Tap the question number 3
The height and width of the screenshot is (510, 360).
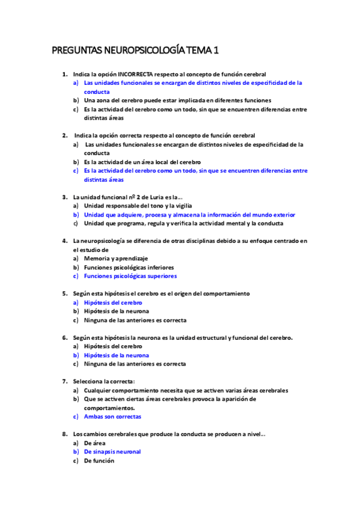click(x=64, y=197)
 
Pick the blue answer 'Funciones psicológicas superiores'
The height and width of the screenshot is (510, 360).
click(x=130, y=276)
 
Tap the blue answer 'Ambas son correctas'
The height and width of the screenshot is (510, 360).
click(x=112, y=417)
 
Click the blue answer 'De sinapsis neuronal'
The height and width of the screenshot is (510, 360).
click(x=112, y=452)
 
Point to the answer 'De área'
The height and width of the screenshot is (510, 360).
click(x=94, y=443)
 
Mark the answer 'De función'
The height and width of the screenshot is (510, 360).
click(x=99, y=461)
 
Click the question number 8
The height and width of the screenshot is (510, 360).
click(x=64, y=434)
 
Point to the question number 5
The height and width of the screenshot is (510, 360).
click(x=64, y=293)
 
